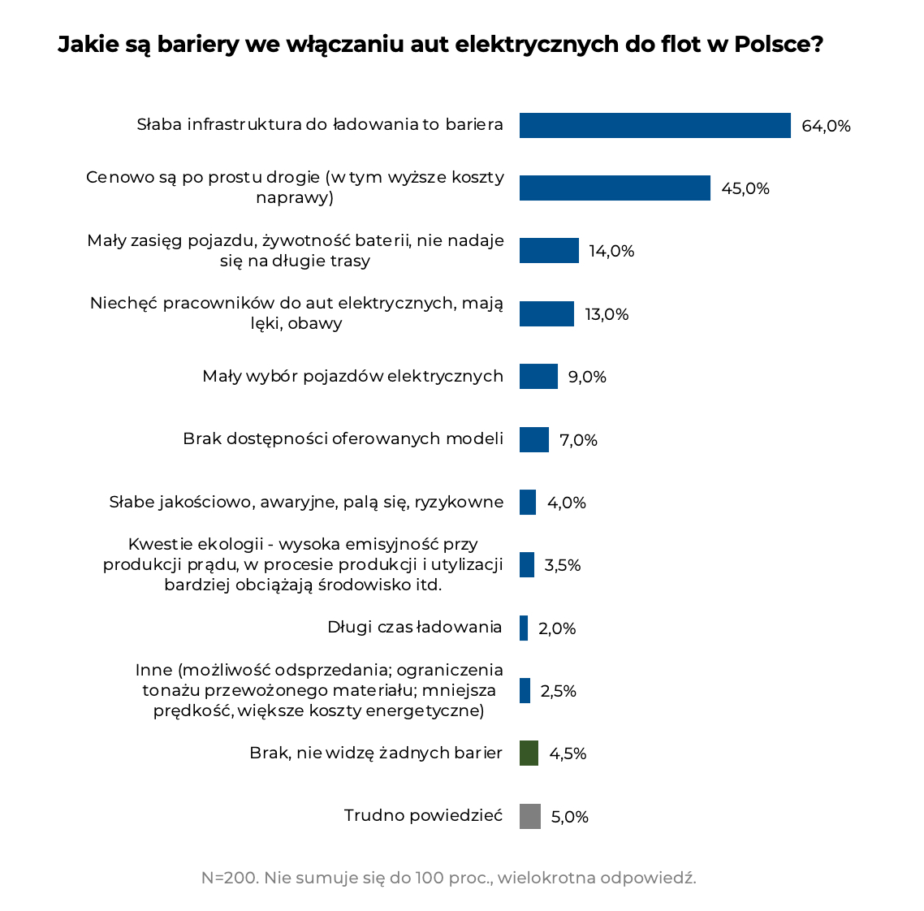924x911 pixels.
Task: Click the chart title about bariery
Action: click(x=440, y=45)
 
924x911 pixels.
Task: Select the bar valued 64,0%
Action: click(x=654, y=126)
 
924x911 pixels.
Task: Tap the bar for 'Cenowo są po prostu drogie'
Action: click(x=615, y=188)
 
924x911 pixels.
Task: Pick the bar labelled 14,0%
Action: click(x=549, y=251)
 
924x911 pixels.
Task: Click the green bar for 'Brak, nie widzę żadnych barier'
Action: click(x=529, y=753)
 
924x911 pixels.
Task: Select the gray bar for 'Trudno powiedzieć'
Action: click(x=529, y=816)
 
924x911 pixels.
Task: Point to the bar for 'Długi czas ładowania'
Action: click(x=524, y=628)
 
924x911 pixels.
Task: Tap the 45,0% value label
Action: click(x=745, y=188)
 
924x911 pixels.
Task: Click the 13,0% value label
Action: click(x=607, y=314)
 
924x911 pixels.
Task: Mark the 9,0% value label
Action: click(x=587, y=377)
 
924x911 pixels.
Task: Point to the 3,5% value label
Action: click(x=562, y=565)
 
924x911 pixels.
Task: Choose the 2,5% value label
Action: click(x=558, y=691)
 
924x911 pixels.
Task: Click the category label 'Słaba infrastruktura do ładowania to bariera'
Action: click(x=320, y=125)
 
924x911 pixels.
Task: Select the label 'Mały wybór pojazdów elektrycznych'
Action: click(x=352, y=376)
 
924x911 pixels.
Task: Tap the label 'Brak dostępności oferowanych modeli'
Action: click(x=343, y=438)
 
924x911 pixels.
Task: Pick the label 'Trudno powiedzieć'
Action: click(x=423, y=815)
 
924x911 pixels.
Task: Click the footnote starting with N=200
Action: click(x=448, y=878)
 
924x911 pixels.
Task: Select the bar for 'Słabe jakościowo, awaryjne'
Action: click(x=528, y=503)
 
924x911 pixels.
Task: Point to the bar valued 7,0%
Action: click(x=534, y=440)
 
